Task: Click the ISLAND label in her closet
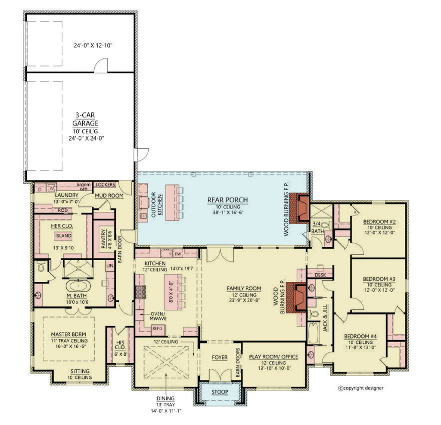coord(62,236)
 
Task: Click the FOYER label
coord(220,358)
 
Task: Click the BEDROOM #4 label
coord(360,336)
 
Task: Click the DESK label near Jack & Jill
coord(320,275)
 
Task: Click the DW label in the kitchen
coord(178,254)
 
